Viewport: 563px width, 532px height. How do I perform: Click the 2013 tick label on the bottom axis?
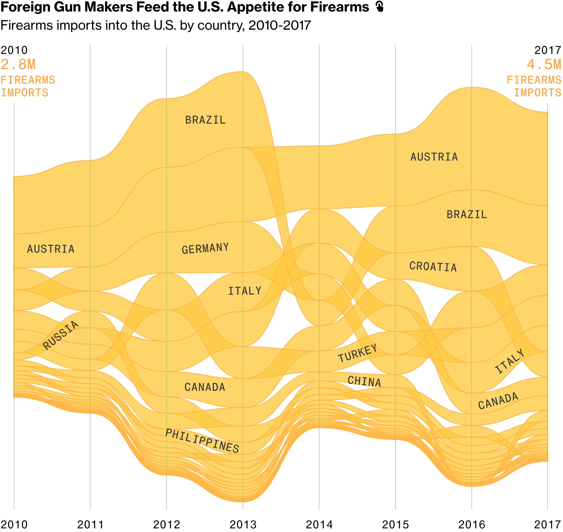pyautogui.click(x=243, y=524)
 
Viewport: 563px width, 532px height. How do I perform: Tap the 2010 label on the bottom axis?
pyautogui.click(x=14, y=524)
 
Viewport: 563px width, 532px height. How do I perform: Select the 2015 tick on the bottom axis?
pyautogui.click(x=395, y=524)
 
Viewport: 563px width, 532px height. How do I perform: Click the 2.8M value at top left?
pyautogui.click(x=18, y=65)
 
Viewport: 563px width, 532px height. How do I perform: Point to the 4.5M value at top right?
pyautogui.click(x=544, y=65)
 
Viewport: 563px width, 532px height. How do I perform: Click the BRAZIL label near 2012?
pyautogui.click(x=205, y=120)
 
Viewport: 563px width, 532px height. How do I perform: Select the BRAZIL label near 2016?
pyautogui.click(x=467, y=215)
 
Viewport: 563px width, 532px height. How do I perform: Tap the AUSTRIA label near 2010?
pyautogui.click(x=51, y=249)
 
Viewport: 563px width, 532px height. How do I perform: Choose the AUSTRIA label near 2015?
pyautogui.click(x=434, y=157)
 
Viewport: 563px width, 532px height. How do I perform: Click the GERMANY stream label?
pyautogui.click(x=205, y=248)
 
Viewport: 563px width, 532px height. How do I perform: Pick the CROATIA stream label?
pyautogui.click(x=433, y=267)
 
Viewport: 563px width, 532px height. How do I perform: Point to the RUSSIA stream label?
pyautogui.click(x=61, y=335)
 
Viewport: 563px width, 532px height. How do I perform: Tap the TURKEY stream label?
pyautogui.click(x=358, y=353)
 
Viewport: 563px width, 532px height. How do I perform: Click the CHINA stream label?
pyautogui.click(x=364, y=381)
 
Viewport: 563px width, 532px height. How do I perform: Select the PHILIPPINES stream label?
pyautogui.click(x=202, y=441)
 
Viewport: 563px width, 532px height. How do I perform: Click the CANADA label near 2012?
pyautogui.click(x=205, y=387)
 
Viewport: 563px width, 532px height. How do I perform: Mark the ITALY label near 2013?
pyautogui.click(x=244, y=291)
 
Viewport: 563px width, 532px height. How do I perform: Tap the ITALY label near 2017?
pyautogui.click(x=510, y=361)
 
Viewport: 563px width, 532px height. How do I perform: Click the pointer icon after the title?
pyautogui.click(x=379, y=6)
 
